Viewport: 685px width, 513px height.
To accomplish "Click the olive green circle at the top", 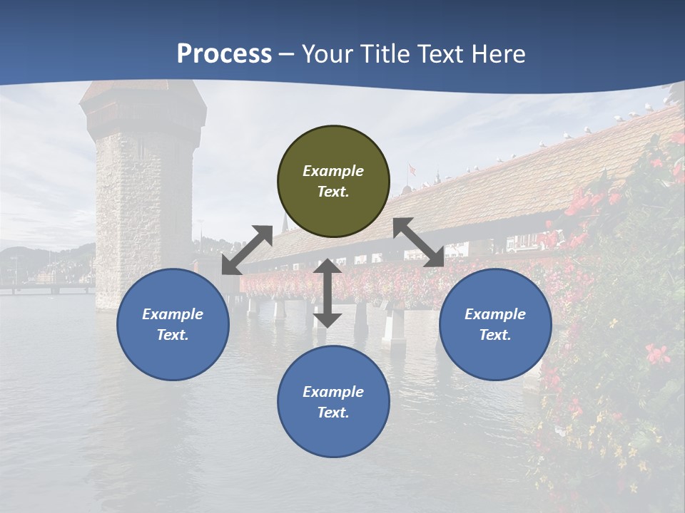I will (333, 182).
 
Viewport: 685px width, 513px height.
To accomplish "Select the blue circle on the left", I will (173, 324).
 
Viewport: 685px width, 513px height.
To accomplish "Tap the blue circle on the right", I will (495, 324).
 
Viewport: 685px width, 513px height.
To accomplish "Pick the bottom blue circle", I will (333, 401).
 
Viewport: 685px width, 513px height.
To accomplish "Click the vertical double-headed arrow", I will (328, 293).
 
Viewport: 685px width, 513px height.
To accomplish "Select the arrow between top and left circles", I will (247, 250).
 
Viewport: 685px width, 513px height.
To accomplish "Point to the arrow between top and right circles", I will (418, 242).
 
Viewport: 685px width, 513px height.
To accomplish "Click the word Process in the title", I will (224, 53).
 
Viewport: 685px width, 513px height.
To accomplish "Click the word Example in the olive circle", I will (333, 171).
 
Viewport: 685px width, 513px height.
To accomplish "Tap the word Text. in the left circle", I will (173, 335).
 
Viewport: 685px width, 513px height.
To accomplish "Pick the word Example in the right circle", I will (495, 314).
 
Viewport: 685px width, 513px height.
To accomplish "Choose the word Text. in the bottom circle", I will (333, 413).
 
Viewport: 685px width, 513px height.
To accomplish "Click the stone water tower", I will (143, 207).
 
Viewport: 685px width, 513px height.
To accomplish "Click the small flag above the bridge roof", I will (411, 170).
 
